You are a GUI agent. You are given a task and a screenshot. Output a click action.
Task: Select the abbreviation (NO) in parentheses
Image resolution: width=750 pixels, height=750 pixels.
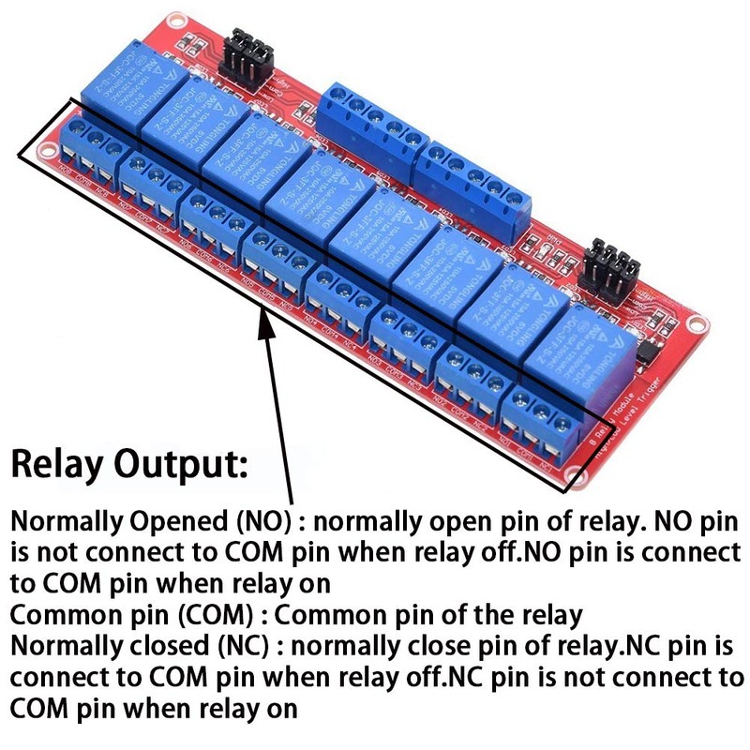click(231, 522)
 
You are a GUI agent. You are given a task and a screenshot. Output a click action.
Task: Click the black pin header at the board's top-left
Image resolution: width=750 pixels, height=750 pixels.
click(250, 53)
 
